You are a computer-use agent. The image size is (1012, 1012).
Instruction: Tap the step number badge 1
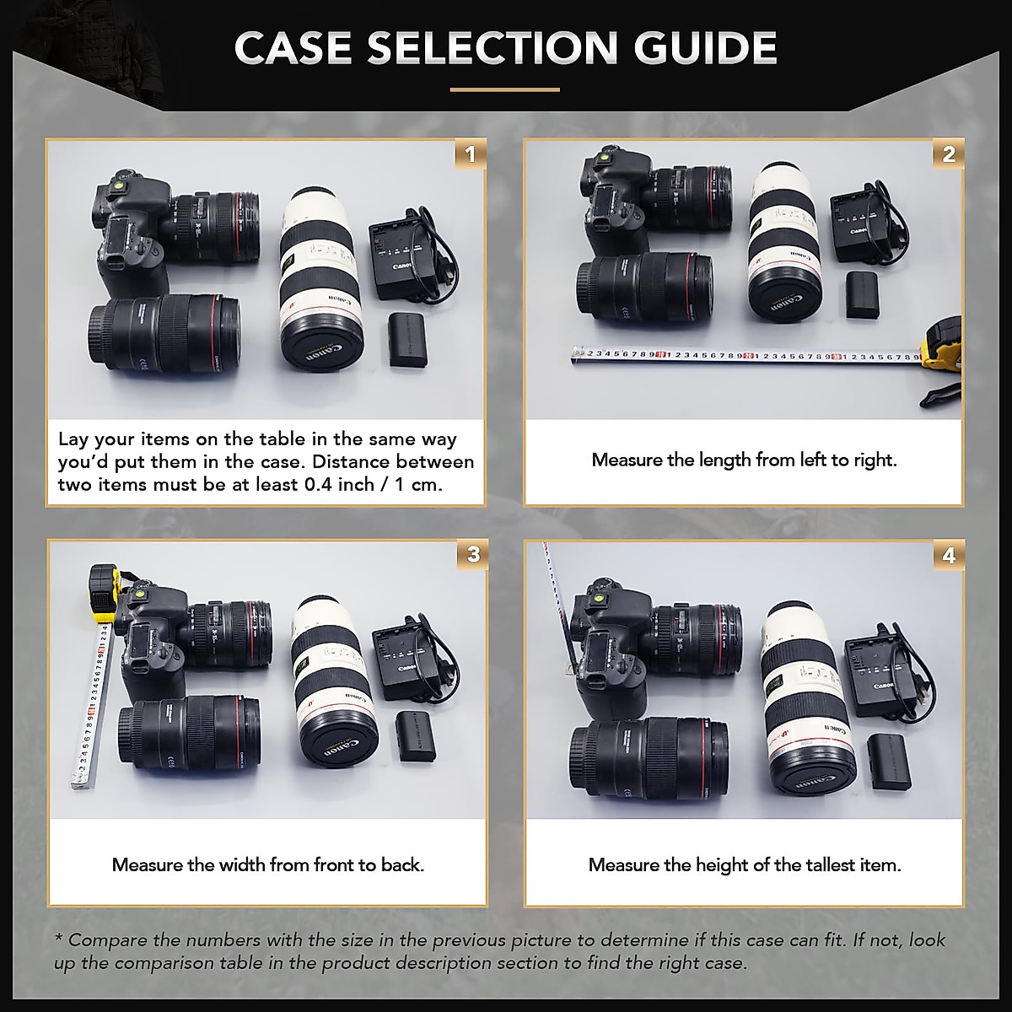point(471,154)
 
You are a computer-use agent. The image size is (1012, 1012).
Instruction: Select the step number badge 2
point(949,154)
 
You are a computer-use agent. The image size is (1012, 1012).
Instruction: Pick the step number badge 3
point(473,555)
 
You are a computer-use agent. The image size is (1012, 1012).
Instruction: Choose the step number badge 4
point(949,556)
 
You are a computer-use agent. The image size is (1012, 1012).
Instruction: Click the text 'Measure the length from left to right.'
point(744,460)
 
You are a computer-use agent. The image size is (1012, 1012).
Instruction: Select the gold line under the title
point(504,89)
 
